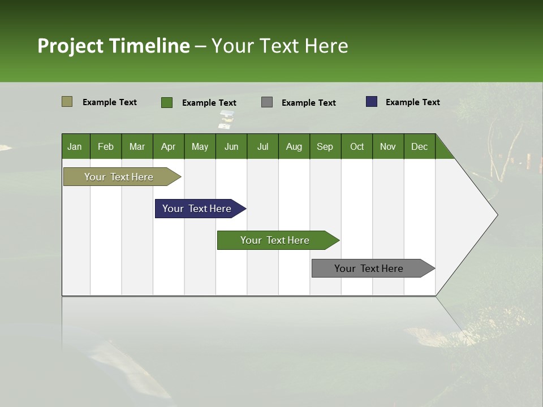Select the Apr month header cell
[x=169, y=146]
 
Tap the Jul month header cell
[x=262, y=146]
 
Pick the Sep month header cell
[x=325, y=146]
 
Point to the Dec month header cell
[x=419, y=146]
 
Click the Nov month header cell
[x=388, y=146]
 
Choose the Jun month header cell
[x=231, y=146]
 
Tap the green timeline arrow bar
[x=275, y=240]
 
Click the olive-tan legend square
[x=67, y=102]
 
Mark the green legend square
[x=167, y=102]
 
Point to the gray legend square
[x=267, y=102]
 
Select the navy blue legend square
[x=372, y=102]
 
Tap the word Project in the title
[x=71, y=46]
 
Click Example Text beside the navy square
[x=412, y=102]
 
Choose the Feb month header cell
[x=106, y=146]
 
